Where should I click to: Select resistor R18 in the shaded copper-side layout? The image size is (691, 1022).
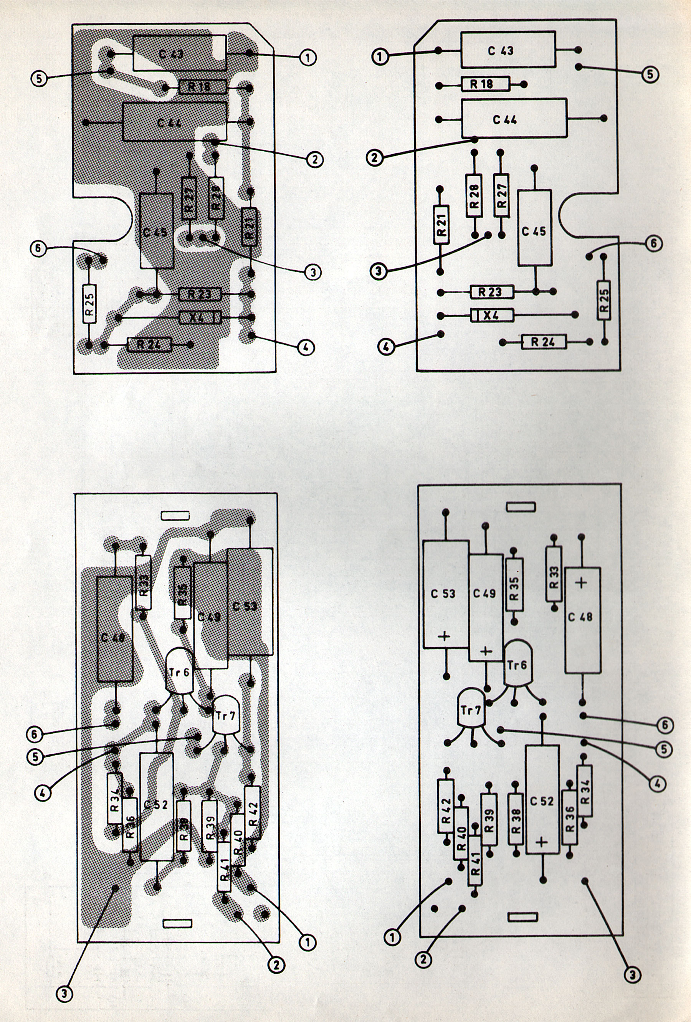202,87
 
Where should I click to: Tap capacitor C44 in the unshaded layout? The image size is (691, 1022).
514,119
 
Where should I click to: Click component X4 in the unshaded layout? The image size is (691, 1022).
492,315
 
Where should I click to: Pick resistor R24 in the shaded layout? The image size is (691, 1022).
149,344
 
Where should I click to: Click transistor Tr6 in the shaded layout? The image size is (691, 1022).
179,671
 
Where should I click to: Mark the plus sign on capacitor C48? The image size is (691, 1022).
581,583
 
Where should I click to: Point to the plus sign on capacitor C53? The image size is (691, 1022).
444,636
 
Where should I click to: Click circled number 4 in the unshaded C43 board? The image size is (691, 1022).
386,347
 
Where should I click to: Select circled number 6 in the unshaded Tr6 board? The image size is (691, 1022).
664,724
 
